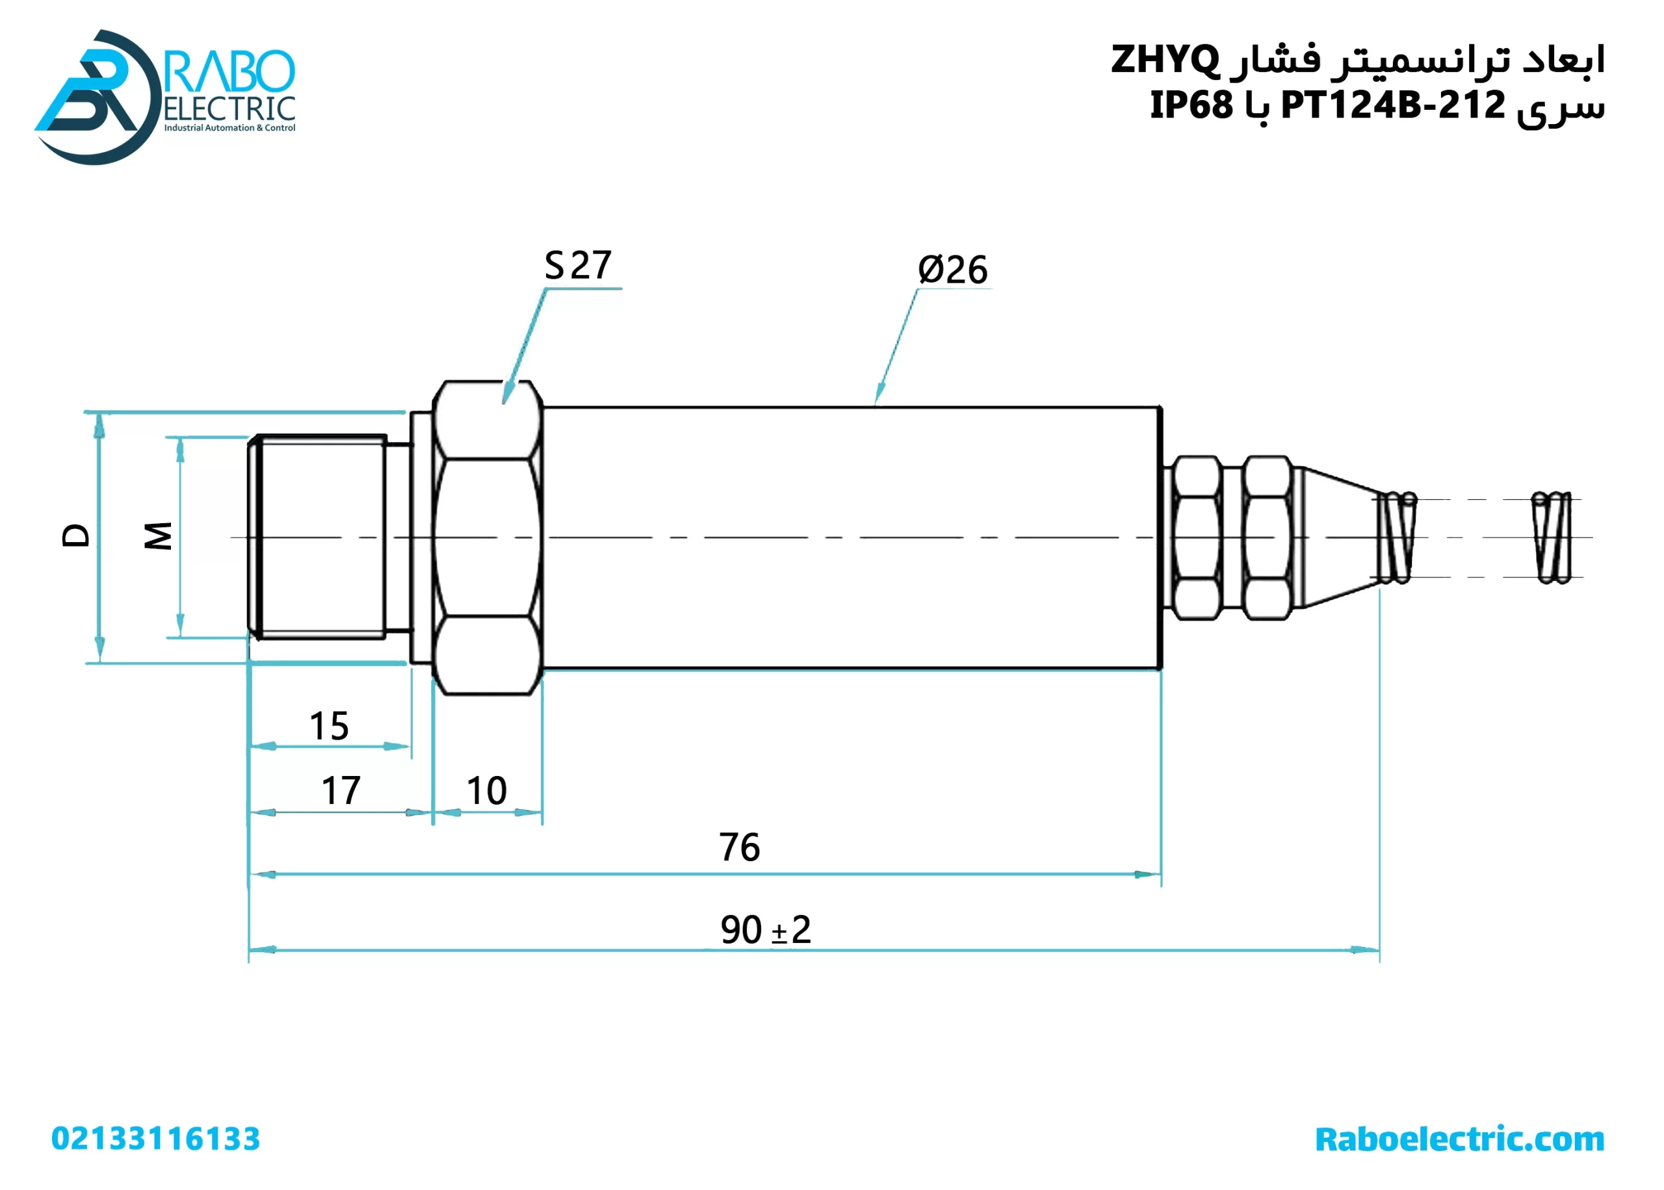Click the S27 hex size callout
[x=577, y=265]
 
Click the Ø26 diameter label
[x=952, y=270]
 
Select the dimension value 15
[x=329, y=726]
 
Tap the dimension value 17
[x=341, y=791]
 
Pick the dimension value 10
[x=486, y=791]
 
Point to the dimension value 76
[x=739, y=847]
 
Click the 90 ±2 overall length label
[x=766, y=930]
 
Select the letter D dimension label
[x=75, y=536]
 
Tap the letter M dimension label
[x=157, y=536]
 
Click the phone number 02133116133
[x=155, y=1139]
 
